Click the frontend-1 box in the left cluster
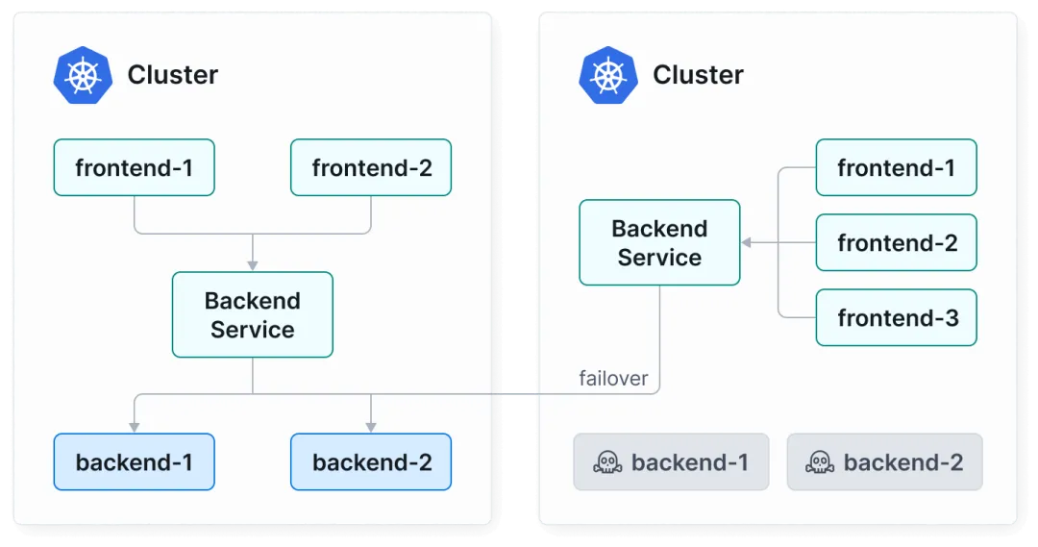pyautogui.click(x=135, y=167)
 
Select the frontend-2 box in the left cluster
pyautogui.click(x=371, y=167)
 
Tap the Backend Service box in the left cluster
pyautogui.click(x=252, y=314)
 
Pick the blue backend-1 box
pyautogui.click(x=135, y=461)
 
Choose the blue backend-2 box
pyautogui.click(x=371, y=461)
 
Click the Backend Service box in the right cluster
pyautogui.click(x=659, y=242)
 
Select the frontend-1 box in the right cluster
pyautogui.click(x=897, y=167)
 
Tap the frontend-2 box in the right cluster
pyautogui.click(x=897, y=242)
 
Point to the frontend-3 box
pyautogui.click(x=897, y=317)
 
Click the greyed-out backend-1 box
pyautogui.click(x=671, y=461)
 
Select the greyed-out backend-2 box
pyautogui.click(x=884, y=461)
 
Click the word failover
pyautogui.click(x=613, y=378)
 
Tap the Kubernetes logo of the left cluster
pyautogui.click(x=83, y=75)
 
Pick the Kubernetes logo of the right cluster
pyautogui.click(x=608, y=75)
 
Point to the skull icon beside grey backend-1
pyautogui.click(x=607, y=462)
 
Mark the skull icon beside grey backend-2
pyautogui.click(x=820, y=462)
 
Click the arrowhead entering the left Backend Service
pyautogui.click(x=252, y=266)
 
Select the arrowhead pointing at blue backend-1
pyautogui.click(x=135, y=428)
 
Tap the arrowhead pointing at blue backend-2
pyautogui.click(x=371, y=428)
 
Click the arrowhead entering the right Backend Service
pyautogui.click(x=746, y=242)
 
